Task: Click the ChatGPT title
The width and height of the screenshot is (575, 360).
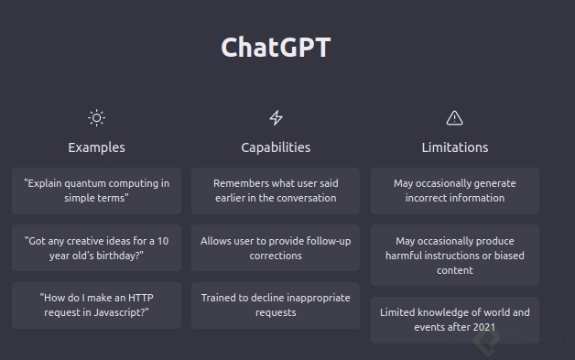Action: tap(276, 48)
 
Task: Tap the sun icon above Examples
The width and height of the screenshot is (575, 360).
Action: tap(96, 117)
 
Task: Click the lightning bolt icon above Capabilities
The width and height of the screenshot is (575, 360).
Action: tap(276, 117)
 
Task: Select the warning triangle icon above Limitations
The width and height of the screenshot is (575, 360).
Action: tap(454, 117)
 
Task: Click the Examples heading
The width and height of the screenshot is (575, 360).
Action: tap(96, 147)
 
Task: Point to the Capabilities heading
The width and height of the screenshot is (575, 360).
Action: tap(276, 147)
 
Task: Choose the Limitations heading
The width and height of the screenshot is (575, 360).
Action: tap(454, 147)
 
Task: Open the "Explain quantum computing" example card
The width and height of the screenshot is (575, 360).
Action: tap(96, 191)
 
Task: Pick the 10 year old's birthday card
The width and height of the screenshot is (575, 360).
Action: tap(96, 248)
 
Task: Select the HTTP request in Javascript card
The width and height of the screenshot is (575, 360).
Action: tap(96, 305)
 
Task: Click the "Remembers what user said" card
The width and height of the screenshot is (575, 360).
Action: tap(276, 191)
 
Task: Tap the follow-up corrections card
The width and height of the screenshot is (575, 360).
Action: tap(276, 248)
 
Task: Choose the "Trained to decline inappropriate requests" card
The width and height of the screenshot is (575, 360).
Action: tap(276, 305)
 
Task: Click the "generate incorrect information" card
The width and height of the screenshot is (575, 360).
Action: tap(454, 191)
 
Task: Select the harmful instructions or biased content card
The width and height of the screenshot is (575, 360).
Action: tap(454, 256)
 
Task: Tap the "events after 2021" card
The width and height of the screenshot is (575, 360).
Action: tap(454, 320)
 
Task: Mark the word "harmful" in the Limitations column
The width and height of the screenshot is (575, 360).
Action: tap(407, 256)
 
